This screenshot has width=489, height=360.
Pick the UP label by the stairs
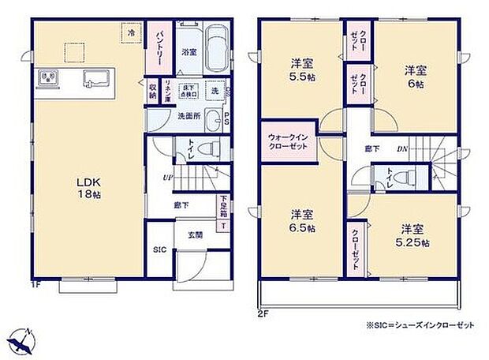[167, 176]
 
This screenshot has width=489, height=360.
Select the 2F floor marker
[263, 313]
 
